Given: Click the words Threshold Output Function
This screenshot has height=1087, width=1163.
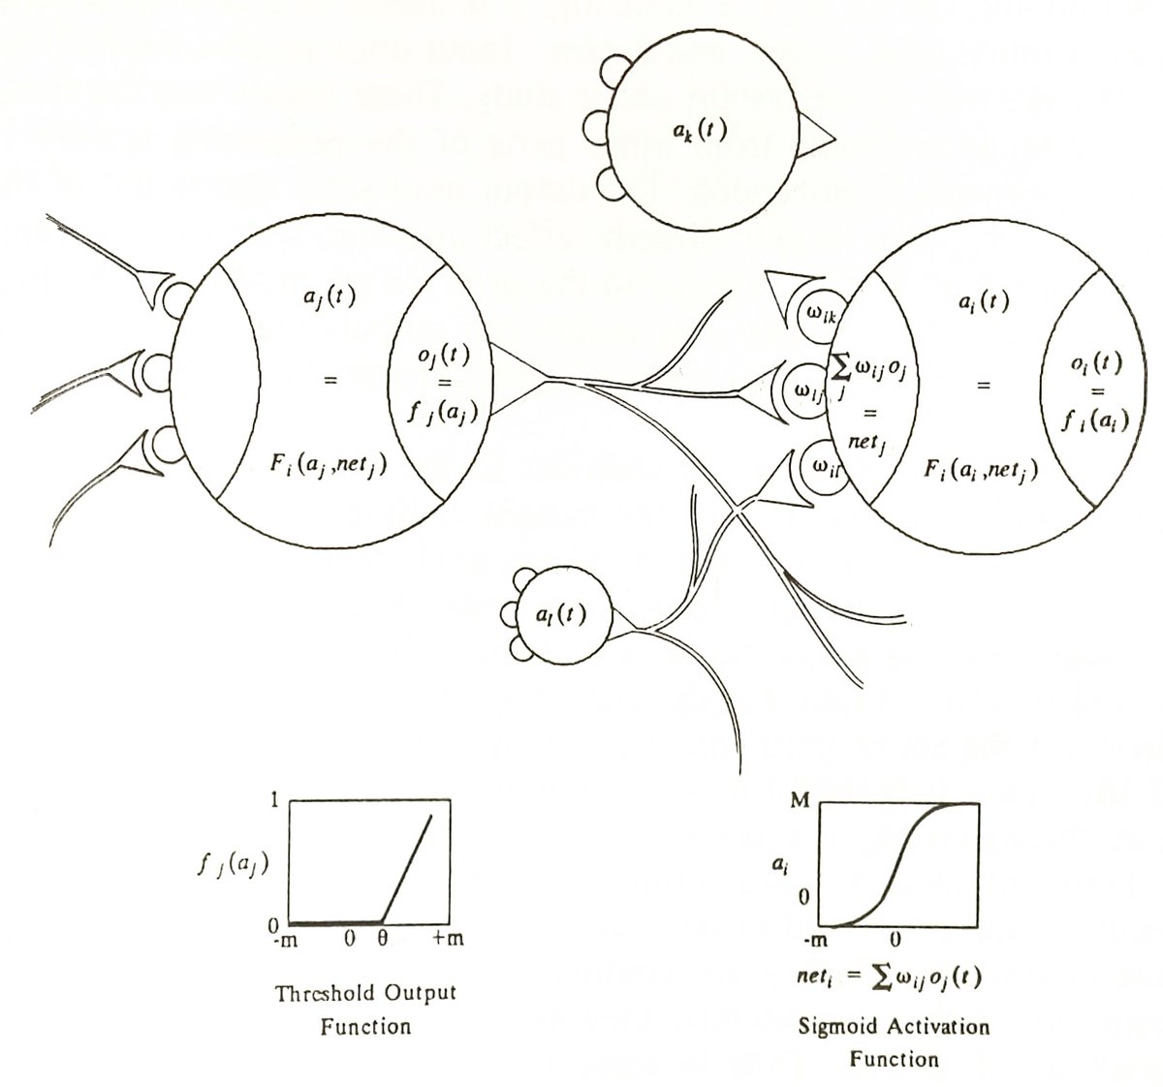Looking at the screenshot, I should click(x=365, y=1008).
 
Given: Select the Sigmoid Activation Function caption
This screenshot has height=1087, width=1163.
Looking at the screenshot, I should click(x=894, y=1041).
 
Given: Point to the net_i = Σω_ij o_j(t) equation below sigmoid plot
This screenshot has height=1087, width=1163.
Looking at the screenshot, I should click(x=882, y=977).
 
